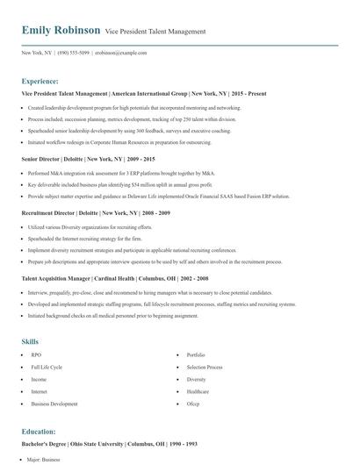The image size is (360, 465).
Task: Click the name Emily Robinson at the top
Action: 61,32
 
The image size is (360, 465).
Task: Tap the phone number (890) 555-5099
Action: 74,53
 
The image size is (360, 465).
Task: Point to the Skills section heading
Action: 31,340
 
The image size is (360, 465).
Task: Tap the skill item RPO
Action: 36,355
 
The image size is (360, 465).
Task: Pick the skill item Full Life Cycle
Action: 47,367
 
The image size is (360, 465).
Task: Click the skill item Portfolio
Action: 197,355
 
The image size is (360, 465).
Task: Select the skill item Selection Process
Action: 204,367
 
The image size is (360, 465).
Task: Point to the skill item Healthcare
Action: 198,391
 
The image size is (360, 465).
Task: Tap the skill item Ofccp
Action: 192,404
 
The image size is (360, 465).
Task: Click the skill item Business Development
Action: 54,404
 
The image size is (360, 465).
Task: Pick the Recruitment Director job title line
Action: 97,213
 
